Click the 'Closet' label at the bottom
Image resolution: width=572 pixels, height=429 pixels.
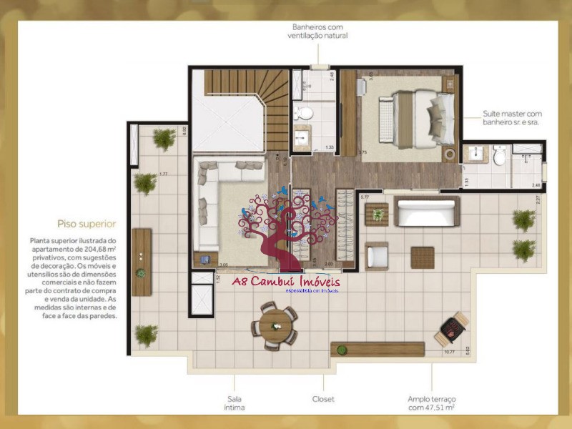coord(323,399)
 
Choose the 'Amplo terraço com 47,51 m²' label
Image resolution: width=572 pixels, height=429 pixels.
coord(432,403)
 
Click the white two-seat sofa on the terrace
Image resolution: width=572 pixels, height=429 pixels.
coord(426,212)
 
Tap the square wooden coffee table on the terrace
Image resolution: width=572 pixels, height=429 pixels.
coord(422,257)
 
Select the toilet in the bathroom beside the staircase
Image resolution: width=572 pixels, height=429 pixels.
coord(304,112)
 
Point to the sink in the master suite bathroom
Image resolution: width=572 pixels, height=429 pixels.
coord(475,154)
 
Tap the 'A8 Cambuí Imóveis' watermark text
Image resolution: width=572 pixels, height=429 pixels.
coord(286,281)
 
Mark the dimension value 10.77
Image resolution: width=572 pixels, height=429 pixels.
coord(449,350)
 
